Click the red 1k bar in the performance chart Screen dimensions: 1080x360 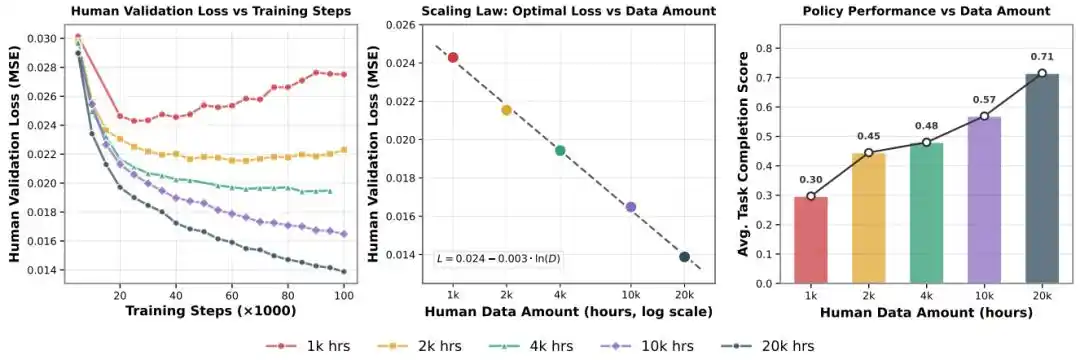coord(811,240)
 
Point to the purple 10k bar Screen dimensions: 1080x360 coord(984,200)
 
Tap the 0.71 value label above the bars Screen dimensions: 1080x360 coord(1042,59)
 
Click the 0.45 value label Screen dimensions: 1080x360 coord(869,136)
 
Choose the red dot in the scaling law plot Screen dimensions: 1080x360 coord(453,57)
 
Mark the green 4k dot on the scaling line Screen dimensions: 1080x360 coord(560,151)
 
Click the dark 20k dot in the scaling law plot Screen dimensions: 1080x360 coord(684,257)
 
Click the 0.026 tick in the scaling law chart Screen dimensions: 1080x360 coord(406,25)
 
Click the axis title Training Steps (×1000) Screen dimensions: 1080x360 coord(211,311)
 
